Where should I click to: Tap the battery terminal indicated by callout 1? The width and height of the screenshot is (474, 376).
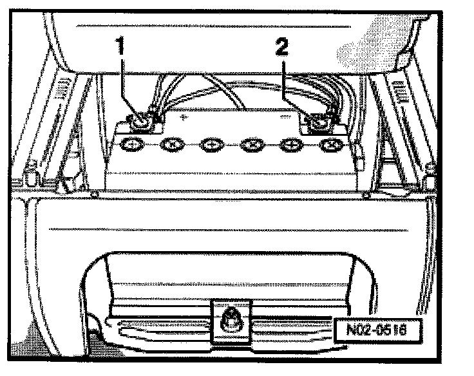pos(139,119)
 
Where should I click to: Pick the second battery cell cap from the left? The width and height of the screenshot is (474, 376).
pos(173,146)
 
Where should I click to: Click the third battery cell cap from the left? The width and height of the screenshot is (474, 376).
pos(211,146)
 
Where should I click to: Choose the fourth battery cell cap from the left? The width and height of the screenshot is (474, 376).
pos(251,146)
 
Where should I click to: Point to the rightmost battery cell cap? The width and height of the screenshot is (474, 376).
pos(330,146)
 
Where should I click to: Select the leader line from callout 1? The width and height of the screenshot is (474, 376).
pos(128,84)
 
